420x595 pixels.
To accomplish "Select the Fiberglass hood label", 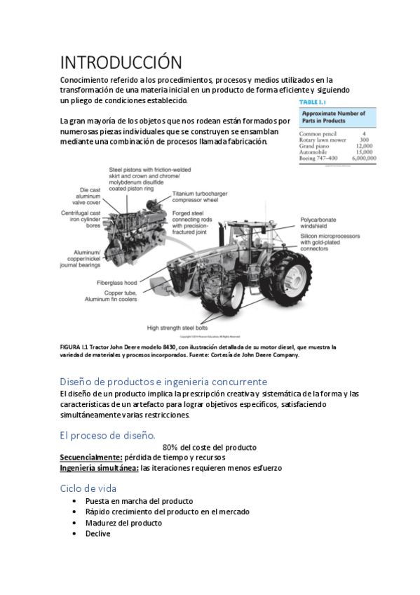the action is [x=116, y=282].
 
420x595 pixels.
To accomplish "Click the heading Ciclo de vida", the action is [x=88, y=488].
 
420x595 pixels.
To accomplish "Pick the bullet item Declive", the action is [x=97, y=533].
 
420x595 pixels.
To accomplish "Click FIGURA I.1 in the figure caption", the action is [x=76, y=347].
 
